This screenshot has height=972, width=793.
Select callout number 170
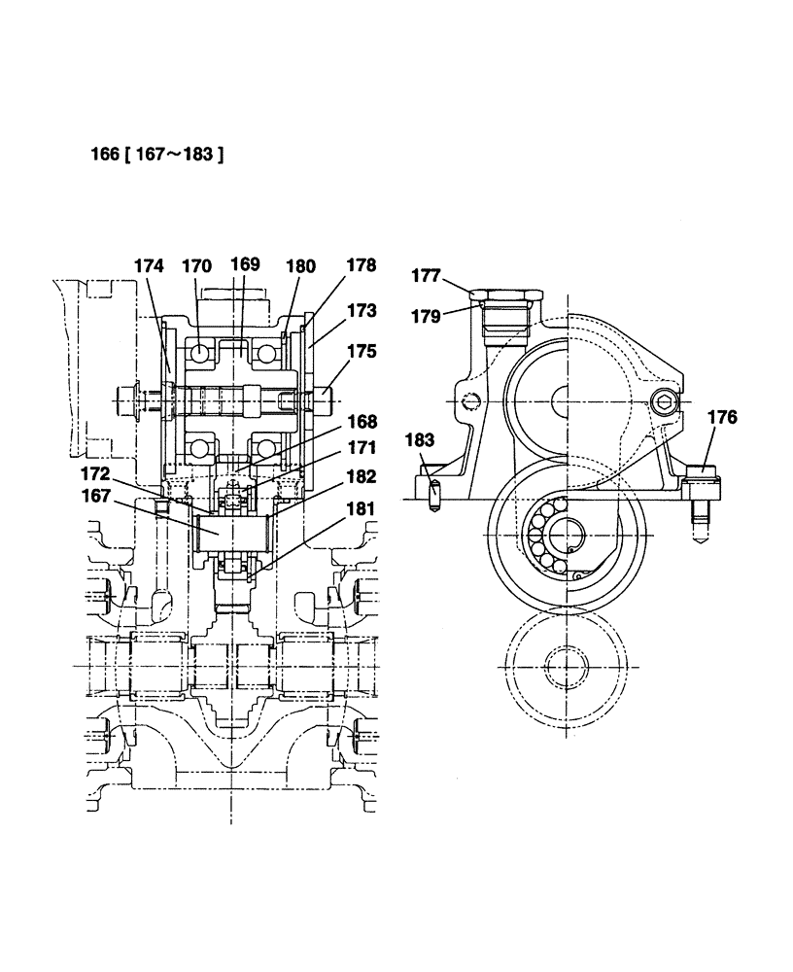[x=196, y=264]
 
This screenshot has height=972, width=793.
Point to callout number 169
[x=244, y=264]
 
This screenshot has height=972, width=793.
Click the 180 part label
[x=301, y=264]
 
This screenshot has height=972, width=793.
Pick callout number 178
[x=361, y=264]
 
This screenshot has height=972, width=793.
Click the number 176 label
[x=722, y=418]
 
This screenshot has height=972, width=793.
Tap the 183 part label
[x=420, y=440]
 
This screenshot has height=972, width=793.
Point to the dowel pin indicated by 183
[x=435, y=492]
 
